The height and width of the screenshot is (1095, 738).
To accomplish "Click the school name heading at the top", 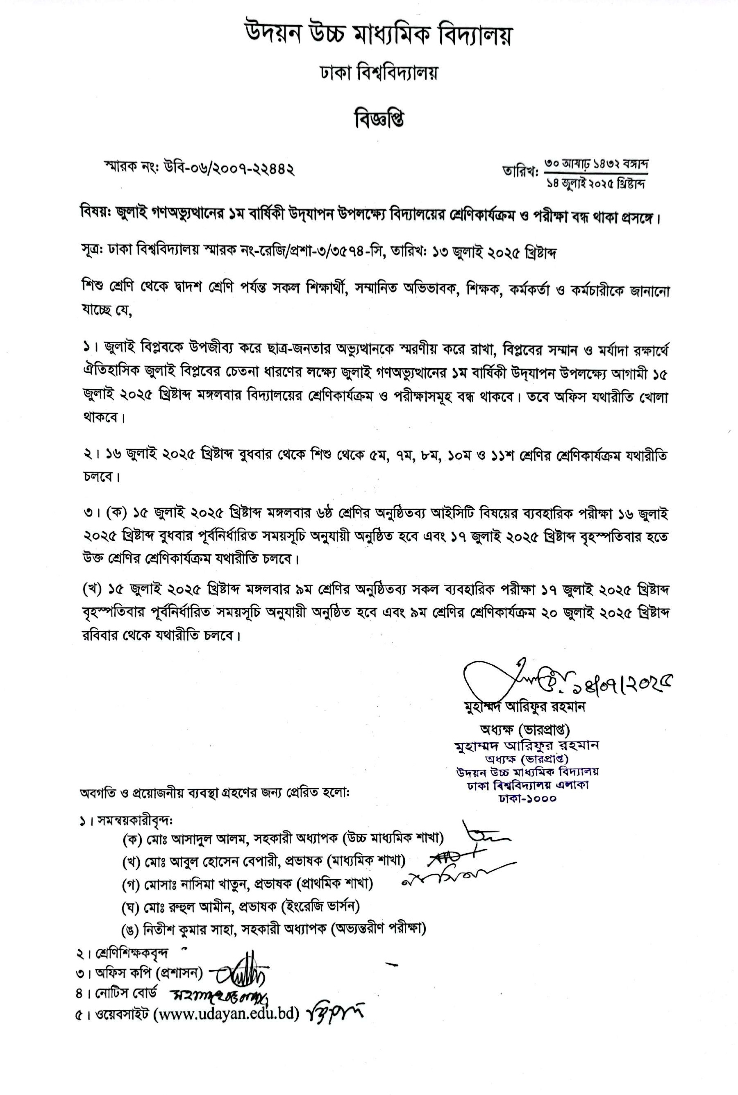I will (x=378, y=36).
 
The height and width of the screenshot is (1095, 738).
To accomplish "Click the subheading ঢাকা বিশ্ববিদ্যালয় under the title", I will (x=378, y=74).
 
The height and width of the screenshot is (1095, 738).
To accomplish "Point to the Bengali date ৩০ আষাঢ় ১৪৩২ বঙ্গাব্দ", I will (x=596, y=164).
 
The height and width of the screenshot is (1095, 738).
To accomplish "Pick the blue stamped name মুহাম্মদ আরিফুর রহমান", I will (x=526, y=746).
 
